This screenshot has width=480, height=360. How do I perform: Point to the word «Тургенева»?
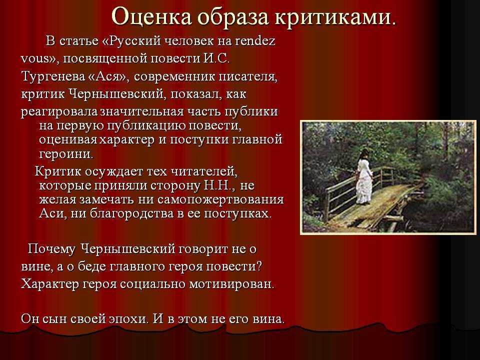tap(52, 77)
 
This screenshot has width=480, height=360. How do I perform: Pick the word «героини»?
tap(65, 152)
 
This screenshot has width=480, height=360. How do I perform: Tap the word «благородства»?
tap(128, 213)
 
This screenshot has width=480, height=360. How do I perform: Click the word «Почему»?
tap(51, 248)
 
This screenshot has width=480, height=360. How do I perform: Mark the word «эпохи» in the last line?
tap(121, 318)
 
